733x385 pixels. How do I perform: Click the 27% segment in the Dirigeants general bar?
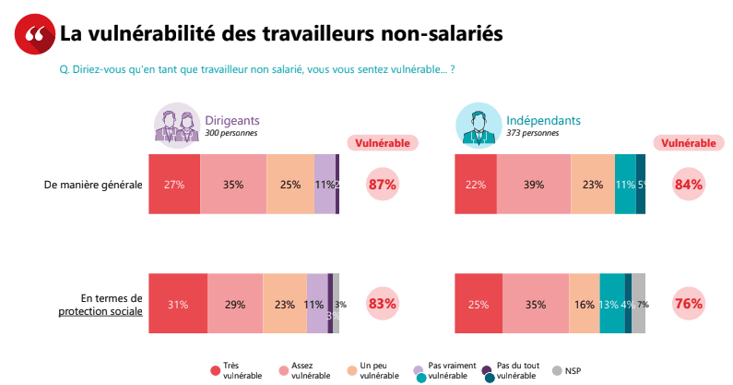[174, 185]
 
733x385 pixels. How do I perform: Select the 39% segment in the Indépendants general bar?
[533, 185]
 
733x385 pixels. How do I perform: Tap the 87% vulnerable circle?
[382, 185]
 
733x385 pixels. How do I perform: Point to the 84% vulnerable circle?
[688, 185]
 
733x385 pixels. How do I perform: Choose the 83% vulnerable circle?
[382, 303]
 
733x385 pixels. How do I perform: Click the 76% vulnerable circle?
[688, 303]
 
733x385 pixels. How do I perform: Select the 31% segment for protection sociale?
[178, 304]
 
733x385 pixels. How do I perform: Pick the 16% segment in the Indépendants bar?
[584, 304]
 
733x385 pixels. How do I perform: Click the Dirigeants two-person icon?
[178, 126]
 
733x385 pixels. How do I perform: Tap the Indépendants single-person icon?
[479, 125]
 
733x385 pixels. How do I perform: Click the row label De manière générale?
[93, 185]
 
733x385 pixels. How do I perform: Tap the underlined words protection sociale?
[100, 311]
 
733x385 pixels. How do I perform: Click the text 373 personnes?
[532, 133]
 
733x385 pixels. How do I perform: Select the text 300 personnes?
[231, 133]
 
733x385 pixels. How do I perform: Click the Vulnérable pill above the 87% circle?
[383, 143]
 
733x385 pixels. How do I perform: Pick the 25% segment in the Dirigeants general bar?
[290, 185]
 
